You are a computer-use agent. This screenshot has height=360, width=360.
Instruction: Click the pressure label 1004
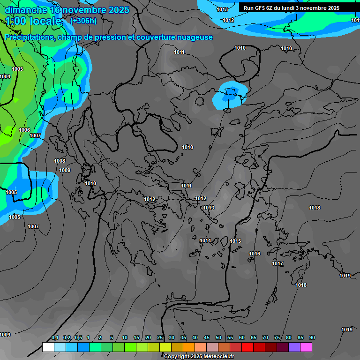click(x=5, y=76)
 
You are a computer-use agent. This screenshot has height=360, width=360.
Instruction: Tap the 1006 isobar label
click(x=24, y=130)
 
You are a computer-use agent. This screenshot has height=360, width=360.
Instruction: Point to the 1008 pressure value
click(x=60, y=161)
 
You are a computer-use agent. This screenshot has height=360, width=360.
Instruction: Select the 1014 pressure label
click(x=205, y=240)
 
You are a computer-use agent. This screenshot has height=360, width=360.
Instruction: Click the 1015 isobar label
click(x=235, y=241)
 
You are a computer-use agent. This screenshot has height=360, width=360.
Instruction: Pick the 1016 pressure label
click(x=255, y=254)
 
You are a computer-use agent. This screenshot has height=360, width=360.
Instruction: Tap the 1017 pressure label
click(x=277, y=263)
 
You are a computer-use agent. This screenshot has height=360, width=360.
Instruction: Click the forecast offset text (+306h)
click(x=83, y=21)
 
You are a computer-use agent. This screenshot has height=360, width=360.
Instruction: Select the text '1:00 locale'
click(x=33, y=21)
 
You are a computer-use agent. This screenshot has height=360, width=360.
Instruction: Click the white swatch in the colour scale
click(x=48, y=347)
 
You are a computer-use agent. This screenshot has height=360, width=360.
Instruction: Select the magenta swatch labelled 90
click(x=306, y=347)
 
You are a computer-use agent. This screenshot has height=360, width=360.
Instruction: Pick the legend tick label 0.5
click(x=78, y=338)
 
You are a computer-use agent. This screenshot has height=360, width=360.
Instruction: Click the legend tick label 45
click(x=207, y=338)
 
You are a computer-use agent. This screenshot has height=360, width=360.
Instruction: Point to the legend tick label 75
click(x=277, y=338)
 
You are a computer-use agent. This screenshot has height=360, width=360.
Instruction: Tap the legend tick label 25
click(x=160, y=338)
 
